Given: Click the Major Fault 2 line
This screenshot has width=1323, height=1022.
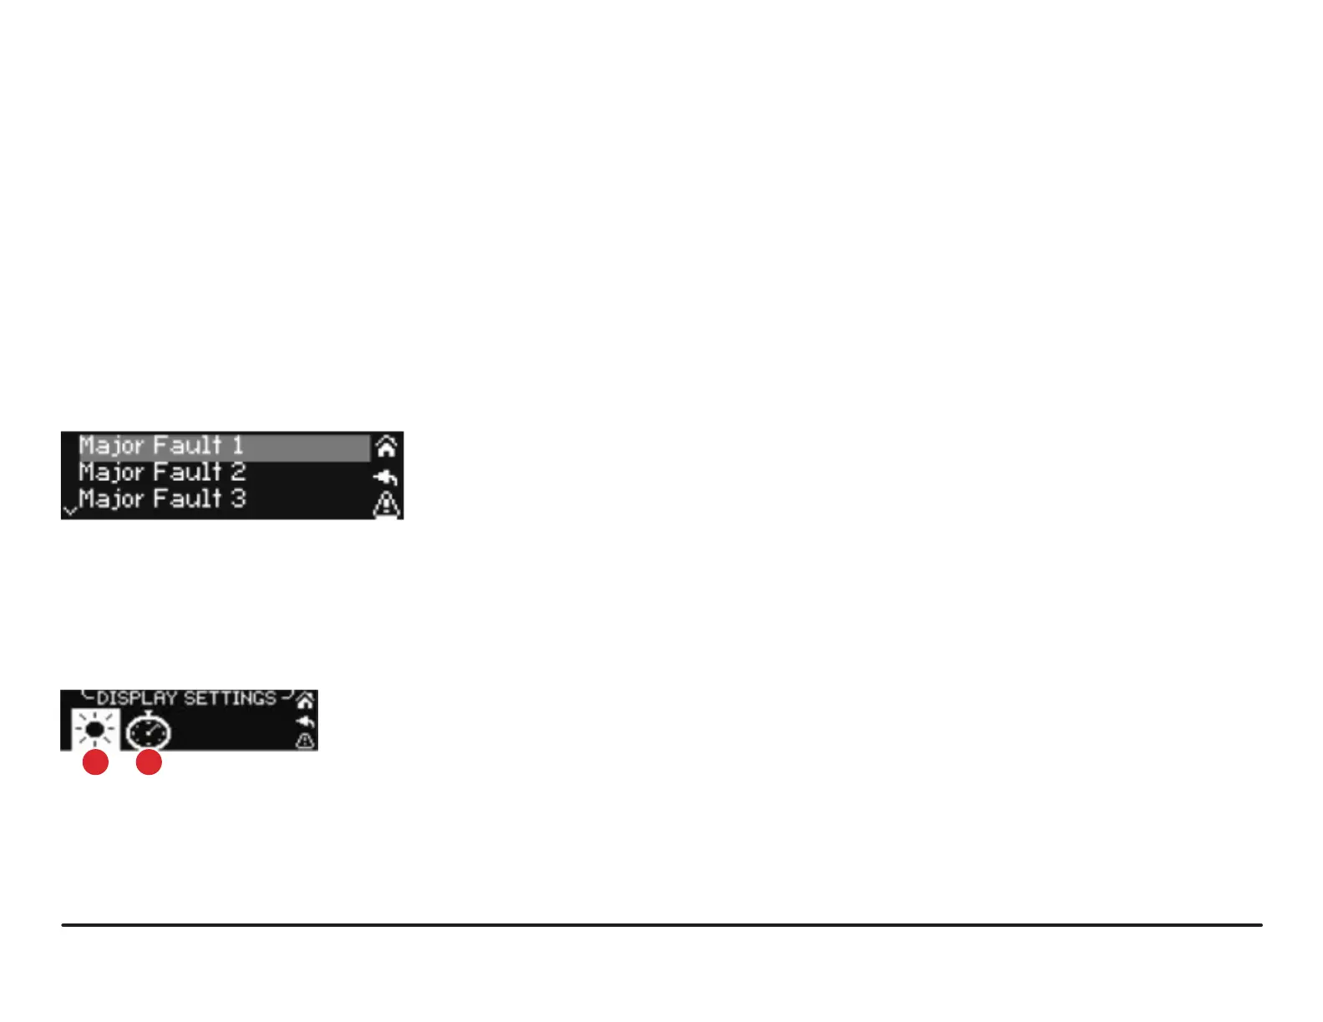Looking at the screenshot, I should pos(162,473).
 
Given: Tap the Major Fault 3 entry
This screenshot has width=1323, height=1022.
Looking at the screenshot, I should pos(162,499).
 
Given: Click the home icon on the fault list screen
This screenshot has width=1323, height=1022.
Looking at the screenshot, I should pos(386,447).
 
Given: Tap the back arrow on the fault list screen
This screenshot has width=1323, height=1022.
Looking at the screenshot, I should pos(386,478).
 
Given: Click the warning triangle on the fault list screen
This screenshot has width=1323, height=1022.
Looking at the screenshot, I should pos(386,505).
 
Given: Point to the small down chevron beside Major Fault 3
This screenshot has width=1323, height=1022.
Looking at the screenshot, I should pos(69,509).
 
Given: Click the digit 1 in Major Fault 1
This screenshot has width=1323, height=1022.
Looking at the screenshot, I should pos(237,446).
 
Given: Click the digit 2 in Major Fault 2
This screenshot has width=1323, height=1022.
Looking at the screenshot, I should pos(238,473).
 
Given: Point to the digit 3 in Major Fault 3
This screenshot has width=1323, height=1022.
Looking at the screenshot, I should pos(238,499).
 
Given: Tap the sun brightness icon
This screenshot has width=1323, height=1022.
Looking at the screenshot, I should pos(95,731).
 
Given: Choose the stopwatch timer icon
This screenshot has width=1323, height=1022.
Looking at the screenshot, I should pos(149,732).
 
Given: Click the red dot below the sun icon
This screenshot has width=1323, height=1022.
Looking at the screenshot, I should pos(96,762).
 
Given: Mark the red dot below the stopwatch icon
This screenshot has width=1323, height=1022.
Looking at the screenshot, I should pos(149,762).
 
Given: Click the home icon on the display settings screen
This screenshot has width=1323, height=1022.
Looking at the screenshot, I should pos(306,701).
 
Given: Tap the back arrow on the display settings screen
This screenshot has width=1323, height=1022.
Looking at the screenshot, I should pos(306,721).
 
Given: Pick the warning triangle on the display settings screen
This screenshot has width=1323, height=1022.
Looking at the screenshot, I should pos(306,741).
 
